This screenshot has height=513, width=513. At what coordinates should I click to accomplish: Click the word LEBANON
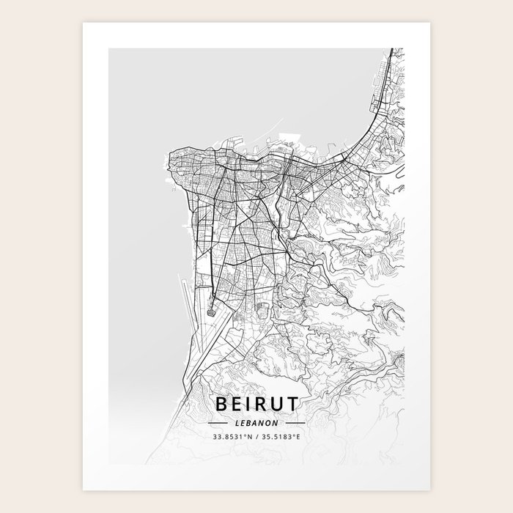click(x=256, y=423)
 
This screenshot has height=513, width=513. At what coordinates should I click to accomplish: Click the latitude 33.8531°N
click(x=230, y=438)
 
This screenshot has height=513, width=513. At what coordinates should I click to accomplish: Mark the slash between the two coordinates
click(x=255, y=438)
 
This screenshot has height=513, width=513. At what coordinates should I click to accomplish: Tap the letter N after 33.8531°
click(x=248, y=438)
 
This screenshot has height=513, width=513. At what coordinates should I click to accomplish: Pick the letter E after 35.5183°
click(x=299, y=438)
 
